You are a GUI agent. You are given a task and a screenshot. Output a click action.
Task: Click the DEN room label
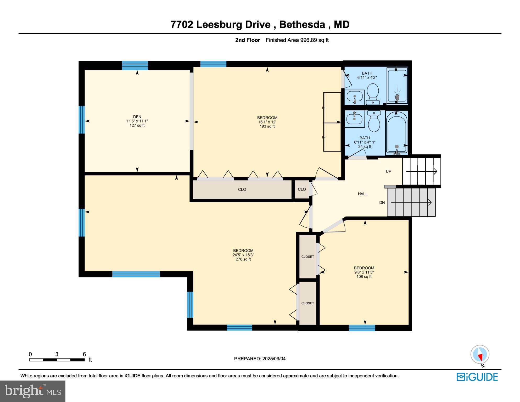click(x=137, y=117)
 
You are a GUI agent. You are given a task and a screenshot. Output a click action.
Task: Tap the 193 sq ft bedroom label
click(x=267, y=122)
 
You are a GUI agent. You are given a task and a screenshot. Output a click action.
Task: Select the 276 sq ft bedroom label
click(x=243, y=255)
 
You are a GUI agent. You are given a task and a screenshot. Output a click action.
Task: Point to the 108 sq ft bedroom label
click(x=364, y=272)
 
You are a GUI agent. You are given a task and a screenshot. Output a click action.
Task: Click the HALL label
click(x=362, y=194)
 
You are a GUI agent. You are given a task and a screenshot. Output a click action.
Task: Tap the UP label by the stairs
click(x=388, y=171)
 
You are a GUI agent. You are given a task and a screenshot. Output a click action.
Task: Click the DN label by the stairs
click(x=382, y=203)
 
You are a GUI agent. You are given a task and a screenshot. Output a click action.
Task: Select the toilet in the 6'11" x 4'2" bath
click(x=373, y=93)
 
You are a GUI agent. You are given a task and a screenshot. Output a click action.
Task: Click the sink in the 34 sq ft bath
click(x=354, y=119)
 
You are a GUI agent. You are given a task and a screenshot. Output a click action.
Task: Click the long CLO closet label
click(x=242, y=189)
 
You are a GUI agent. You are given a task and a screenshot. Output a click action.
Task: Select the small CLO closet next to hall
click(x=302, y=189)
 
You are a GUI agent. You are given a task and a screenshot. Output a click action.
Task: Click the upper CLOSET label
click(x=307, y=257)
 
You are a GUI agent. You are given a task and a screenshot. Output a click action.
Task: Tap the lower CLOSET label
click(x=307, y=303)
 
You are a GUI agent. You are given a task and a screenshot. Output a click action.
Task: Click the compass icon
click(x=480, y=354)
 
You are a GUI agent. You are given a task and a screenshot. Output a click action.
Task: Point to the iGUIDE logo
click(x=477, y=377)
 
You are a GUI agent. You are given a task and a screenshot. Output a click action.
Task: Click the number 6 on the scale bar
click(x=84, y=354)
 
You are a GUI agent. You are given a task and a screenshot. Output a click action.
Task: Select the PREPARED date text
click(x=260, y=359)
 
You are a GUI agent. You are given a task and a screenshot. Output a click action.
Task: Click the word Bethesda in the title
click(x=302, y=25)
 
